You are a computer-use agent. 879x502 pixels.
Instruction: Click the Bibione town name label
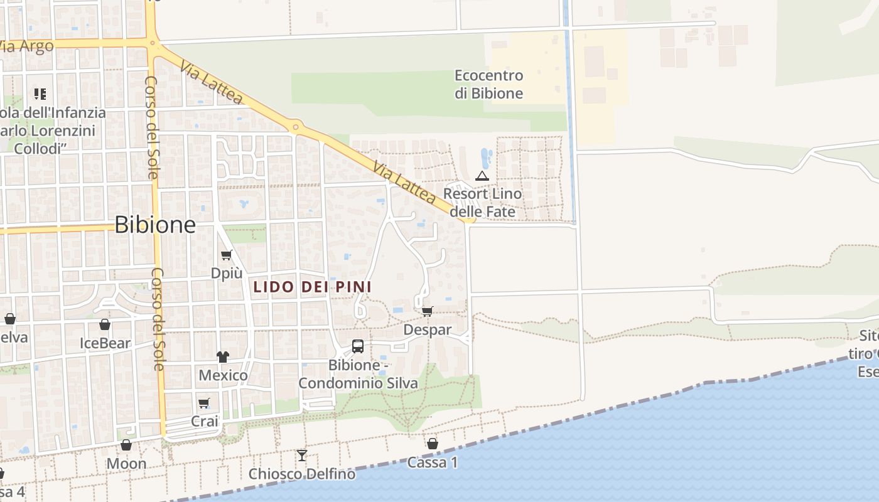[x=155, y=225]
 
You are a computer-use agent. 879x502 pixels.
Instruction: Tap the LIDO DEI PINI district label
[x=312, y=287]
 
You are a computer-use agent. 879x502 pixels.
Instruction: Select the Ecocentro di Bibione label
[x=489, y=85]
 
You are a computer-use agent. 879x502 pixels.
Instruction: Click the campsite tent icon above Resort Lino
[x=482, y=176]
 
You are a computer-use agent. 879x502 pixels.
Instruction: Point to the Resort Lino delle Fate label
[x=482, y=203]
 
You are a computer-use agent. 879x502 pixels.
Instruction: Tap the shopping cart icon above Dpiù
[x=227, y=255]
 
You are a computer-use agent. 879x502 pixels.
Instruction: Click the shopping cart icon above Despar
[x=428, y=311]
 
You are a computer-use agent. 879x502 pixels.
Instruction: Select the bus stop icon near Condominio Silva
[x=357, y=346]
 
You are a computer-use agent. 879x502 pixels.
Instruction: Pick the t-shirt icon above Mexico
[x=223, y=357]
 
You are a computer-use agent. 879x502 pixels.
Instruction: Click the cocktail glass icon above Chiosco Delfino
[x=302, y=456]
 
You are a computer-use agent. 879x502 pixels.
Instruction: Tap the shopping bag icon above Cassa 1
[x=433, y=444]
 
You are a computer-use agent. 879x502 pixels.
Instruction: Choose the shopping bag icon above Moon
[x=126, y=446]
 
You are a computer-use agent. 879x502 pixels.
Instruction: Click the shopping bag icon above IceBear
[x=105, y=325]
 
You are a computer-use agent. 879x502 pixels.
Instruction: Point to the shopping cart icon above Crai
[x=204, y=403]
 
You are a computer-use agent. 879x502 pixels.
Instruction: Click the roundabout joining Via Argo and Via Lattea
[x=153, y=43]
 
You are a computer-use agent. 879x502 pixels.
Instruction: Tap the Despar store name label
[x=428, y=329]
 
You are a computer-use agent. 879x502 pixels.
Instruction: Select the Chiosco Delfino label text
[x=302, y=474]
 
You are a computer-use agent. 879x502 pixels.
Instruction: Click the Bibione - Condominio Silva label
[x=358, y=374]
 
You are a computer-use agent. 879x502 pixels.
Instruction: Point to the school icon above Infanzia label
[x=40, y=94]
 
